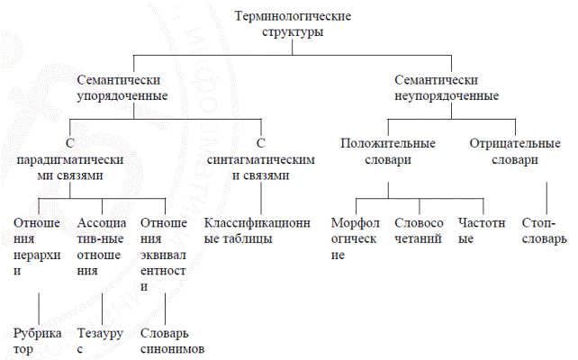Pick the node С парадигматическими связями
pyautogui.click(x=69, y=159)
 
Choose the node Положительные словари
pyautogui.click(x=388, y=151)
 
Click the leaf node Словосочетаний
pyautogui.click(x=419, y=230)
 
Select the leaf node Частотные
pyautogui.click(x=477, y=230)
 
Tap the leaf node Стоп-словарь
pyautogui.click(x=544, y=230)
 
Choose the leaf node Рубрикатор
pyautogui.click(x=37, y=340)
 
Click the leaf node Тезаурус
pyautogui.click(x=95, y=340)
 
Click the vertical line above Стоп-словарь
pyautogui.click(x=546, y=197)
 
